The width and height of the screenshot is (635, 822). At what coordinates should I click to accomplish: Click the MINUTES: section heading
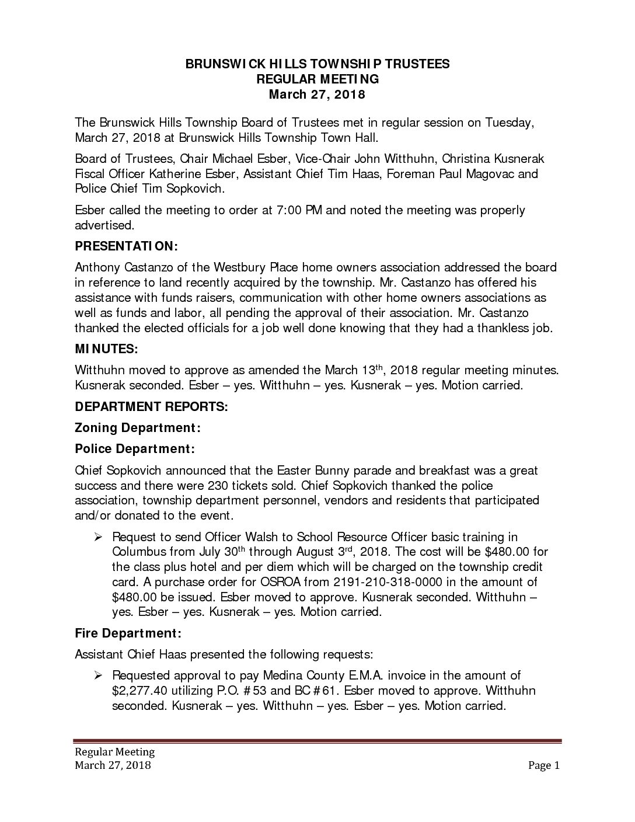pos(107,349)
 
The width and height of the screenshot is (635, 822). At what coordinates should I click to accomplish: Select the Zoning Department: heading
pos(138,428)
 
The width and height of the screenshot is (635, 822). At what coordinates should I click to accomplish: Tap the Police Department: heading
pos(135,449)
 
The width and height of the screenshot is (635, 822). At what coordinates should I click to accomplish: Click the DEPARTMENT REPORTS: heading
pos(151,406)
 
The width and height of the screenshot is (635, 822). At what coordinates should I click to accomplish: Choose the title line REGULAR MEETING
pos(317,79)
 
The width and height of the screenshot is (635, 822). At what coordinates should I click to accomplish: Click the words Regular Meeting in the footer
pos(114,752)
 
